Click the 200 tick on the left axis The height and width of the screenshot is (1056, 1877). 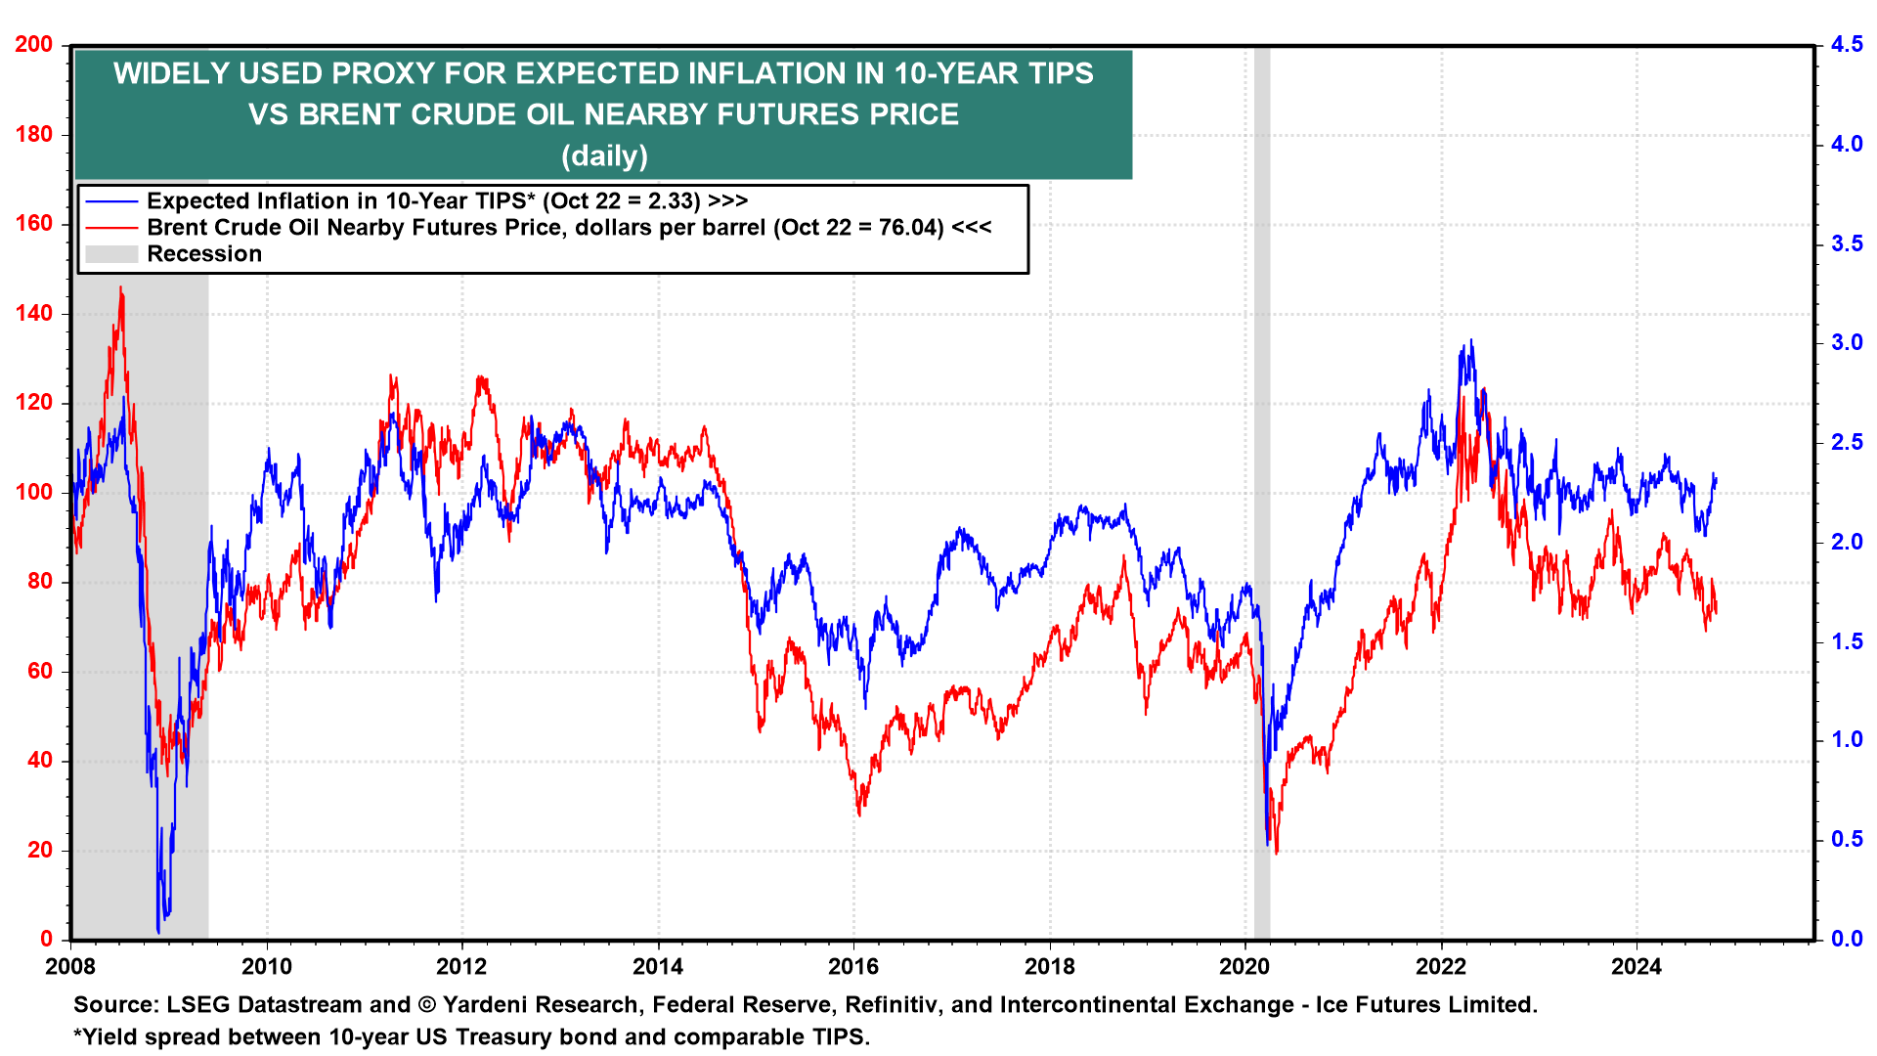tap(34, 45)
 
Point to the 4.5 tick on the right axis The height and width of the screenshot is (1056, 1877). tap(1847, 45)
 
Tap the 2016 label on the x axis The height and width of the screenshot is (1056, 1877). tap(853, 967)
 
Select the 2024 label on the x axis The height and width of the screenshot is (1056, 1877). tap(1637, 967)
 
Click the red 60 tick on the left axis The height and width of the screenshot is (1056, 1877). tap(40, 672)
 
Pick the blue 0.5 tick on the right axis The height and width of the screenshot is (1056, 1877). tap(1847, 839)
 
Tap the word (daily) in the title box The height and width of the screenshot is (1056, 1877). tap(604, 155)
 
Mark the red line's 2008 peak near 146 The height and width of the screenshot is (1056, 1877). tap(120, 288)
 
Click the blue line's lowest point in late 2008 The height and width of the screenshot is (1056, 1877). tap(158, 931)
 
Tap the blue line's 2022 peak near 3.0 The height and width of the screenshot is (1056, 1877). tap(1470, 341)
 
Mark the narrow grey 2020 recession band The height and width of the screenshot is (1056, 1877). tap(1261, 489)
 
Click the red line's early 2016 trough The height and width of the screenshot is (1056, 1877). tap(859, 814)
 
